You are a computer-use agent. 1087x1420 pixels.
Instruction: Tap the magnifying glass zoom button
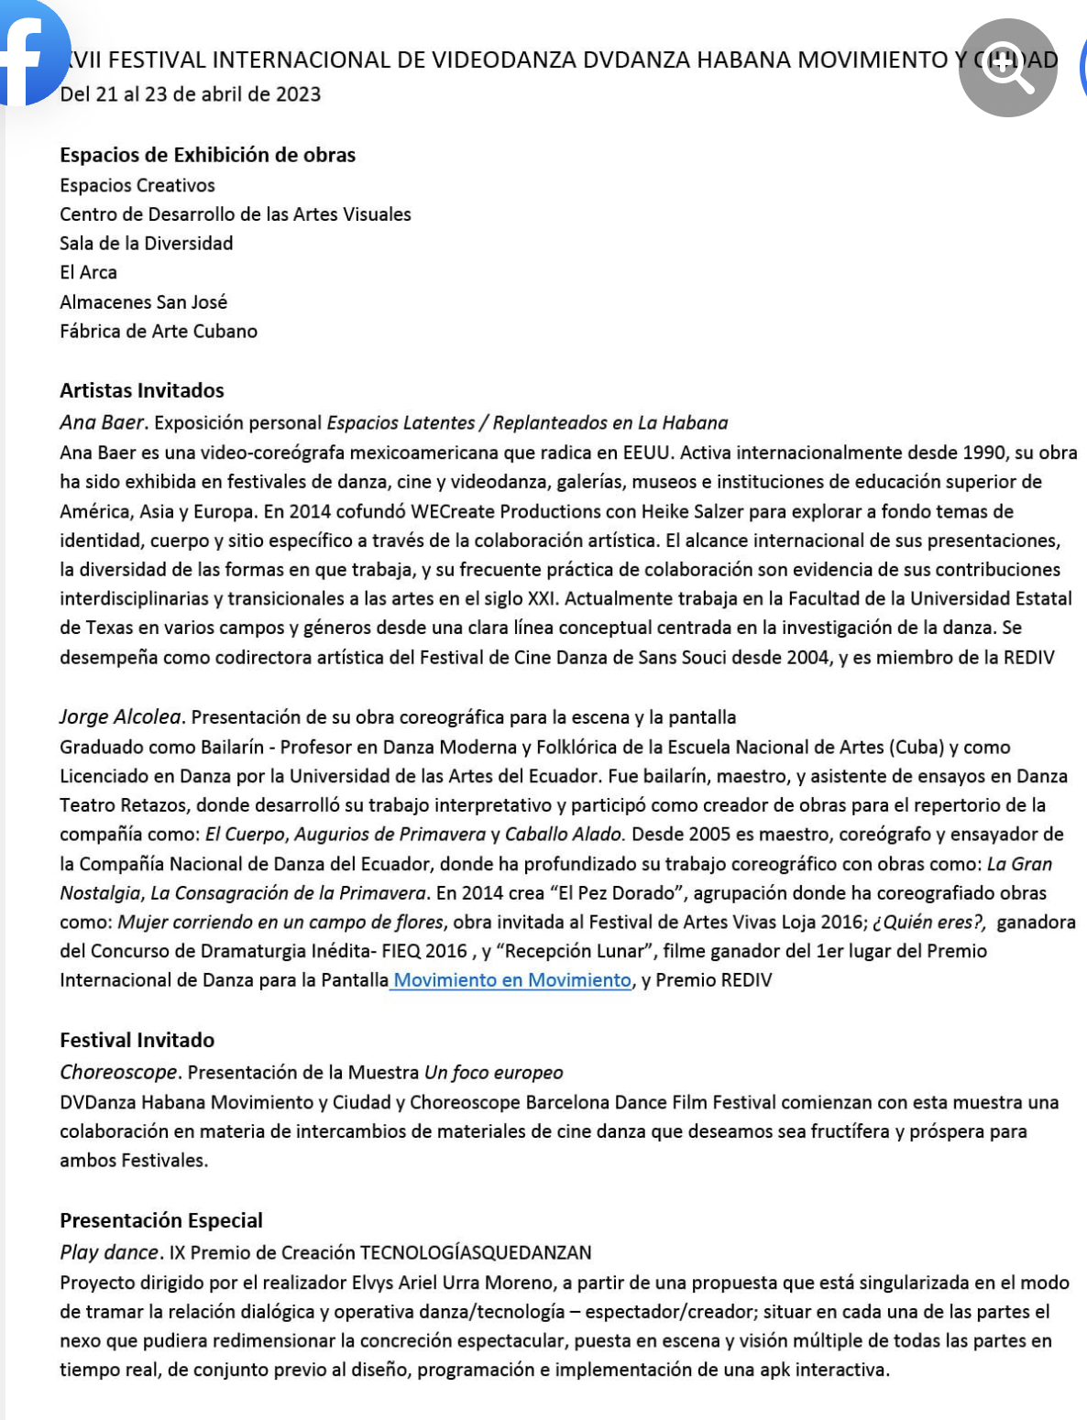pyautogui.click(x=1007, y=68)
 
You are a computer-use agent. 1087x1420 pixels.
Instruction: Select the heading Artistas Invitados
pyautogui.click(x=142, y=390)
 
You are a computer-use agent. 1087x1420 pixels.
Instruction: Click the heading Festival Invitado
pyautogui.click(x=137, y=1040)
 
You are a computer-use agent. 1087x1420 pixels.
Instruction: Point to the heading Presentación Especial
pyautogui.click(x=161, y=1220)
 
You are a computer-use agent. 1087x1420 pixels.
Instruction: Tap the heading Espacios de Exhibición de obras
pyautogui.click(x=208, y=155)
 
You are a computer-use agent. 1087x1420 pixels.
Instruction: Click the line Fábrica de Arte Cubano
pyautogui.click(x=159, y=332)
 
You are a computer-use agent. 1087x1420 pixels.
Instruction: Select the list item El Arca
pyautogui.click(x=89, y=273)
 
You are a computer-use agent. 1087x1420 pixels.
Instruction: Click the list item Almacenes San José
pyautogui.click(x=144, y=302)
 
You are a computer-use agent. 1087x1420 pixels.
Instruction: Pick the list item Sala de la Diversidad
pyautogui.click(x=147, y=244)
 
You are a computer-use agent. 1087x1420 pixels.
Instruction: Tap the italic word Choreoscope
pyautogui.click(x=118, y=1072)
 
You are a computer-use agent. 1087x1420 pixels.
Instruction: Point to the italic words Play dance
pyautogui.click(x=109, y=1252)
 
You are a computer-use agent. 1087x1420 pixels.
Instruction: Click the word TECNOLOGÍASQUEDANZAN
pyautogui.click(x=476, y=1252)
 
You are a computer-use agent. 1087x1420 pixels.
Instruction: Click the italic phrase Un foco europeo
pyautogui.click(x=493, y=1072)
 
